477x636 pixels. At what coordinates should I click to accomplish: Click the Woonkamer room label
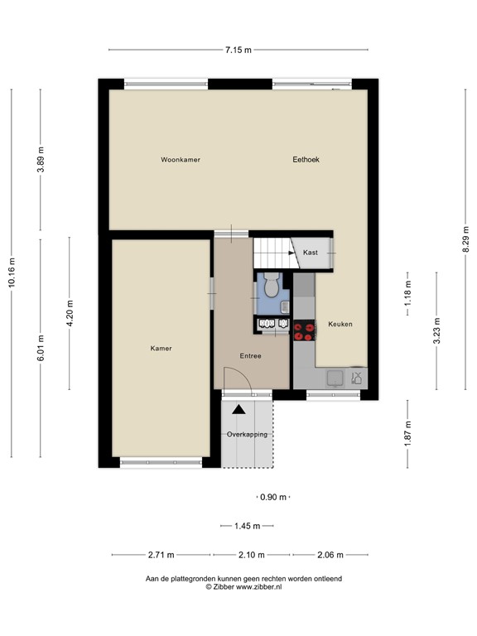[x=181, y=159]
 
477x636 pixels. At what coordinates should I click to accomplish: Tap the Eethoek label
[x=306, y=159]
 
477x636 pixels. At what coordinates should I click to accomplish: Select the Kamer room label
[x=161, y=349]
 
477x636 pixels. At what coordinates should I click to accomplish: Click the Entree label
[x=251, y=356]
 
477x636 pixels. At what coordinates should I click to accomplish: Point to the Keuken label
[x=340, y=324]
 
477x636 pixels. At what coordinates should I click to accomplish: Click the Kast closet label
[x=311, y=253]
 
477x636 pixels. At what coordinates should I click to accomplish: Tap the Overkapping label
[x=247, y=434]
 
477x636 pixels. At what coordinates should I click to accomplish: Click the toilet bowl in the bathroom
[x=271, y=287]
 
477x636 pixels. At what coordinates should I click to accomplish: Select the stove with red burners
[x=304, y=331]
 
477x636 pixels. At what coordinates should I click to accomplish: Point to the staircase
[x=270, y=251]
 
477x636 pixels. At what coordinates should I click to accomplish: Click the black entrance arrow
[x=238, y=408]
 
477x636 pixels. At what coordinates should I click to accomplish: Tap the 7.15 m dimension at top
[x=238, y=50]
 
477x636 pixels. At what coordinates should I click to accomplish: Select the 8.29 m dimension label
[x=465, y=243]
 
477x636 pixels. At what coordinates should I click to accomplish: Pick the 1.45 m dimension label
[x=246, y=526]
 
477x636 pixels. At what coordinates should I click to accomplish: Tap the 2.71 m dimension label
[x=161, y=555]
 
